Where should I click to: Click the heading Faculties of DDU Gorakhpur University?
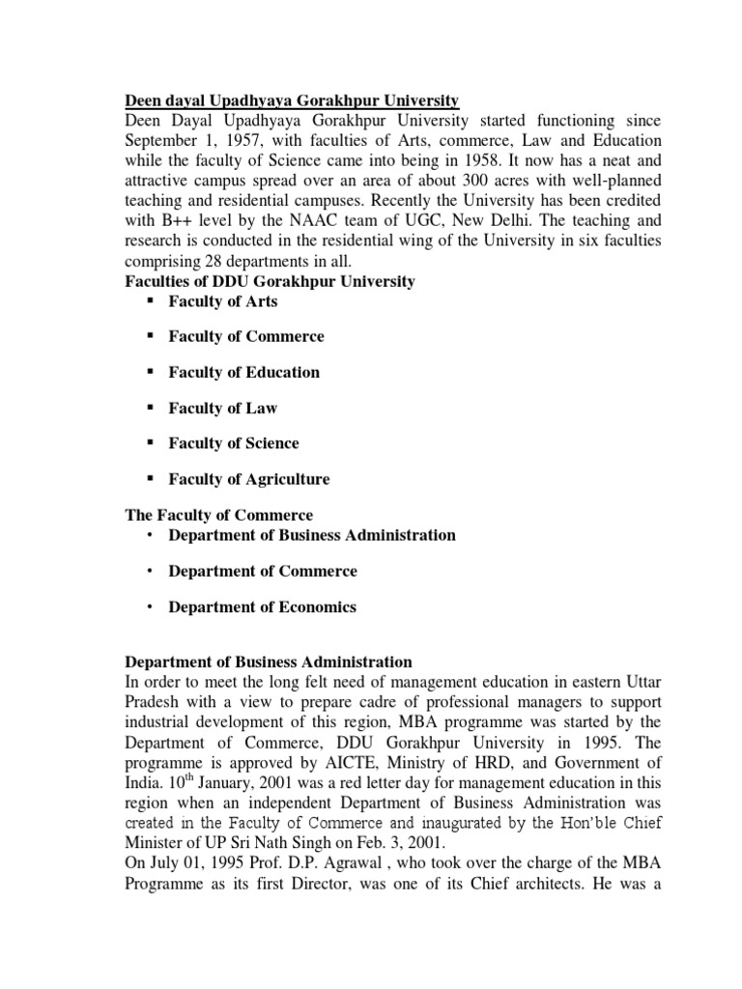[271, 282]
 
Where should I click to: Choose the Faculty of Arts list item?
[223, 301]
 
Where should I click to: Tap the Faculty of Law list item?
[223, 409]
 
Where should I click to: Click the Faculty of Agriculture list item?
[249, 479]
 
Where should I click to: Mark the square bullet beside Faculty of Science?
[151, 443]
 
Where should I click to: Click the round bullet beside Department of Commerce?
[151, 572]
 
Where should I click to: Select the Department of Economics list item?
[263, 608]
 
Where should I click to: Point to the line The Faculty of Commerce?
[220, 515]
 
